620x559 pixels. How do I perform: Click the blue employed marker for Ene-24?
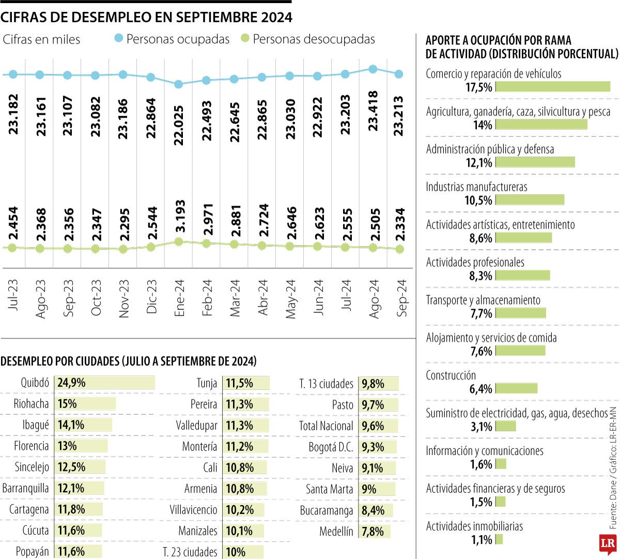(x=179, y=84)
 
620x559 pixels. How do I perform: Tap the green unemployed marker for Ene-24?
(x=179, y=241)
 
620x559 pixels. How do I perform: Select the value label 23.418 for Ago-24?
(x=373, y=111)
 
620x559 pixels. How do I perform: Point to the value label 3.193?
(x=179, y=216)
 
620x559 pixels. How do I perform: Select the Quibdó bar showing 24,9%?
(x=104, y=383)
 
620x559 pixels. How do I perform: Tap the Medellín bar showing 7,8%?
(x=375, y=531)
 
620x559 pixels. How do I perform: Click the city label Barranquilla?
(x=26, y=488)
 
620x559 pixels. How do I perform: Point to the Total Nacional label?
(x=326, y=426)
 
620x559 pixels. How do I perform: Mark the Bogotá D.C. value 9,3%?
(x=373, y=447)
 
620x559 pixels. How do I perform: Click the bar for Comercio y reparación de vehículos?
(x=553, y=87)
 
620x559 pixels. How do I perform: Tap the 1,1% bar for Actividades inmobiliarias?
(x=499, y=540)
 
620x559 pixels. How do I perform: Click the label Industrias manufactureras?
(x=476, y=187)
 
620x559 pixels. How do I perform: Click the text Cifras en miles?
(x=41, y=39)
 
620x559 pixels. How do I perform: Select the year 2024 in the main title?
(x=276, y=17)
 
